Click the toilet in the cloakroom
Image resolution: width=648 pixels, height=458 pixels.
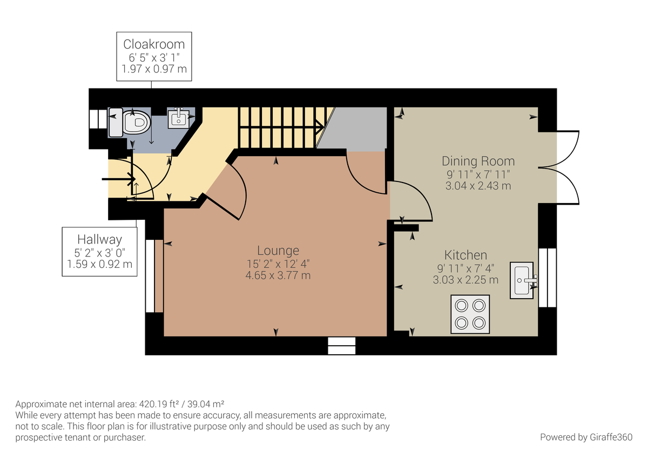[x=130, y=122]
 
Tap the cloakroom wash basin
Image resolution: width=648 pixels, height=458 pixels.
[x=179, y=118]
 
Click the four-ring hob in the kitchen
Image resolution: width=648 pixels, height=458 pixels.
[x=470, y=314]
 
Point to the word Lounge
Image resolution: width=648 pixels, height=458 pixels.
[x=278, y=251]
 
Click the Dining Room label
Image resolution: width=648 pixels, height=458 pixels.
[x=478, y=161]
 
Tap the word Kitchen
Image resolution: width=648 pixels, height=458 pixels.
[x=465, y=255]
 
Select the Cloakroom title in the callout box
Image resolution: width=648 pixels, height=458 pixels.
[x=154, y=44]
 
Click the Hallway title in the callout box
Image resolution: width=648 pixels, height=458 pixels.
[x=99, y=240]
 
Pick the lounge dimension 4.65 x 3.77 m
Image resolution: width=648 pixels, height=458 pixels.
[x=278, y=275]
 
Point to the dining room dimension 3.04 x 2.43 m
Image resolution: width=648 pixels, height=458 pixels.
[x=478, y=186]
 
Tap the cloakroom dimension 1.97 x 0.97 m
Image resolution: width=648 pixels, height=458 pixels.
[x=154, y=69]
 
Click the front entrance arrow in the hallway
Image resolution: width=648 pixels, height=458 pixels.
[x=119, y=179]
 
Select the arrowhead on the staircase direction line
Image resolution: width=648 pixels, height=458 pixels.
[x=320, y=127]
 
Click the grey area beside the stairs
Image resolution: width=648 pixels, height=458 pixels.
[x=355, y=129]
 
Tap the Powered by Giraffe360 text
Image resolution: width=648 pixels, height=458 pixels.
[x=586, y=437]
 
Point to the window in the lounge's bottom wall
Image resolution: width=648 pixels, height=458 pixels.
[x=342, y=346]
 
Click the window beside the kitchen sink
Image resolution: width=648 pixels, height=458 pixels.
[x=548, y=278]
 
